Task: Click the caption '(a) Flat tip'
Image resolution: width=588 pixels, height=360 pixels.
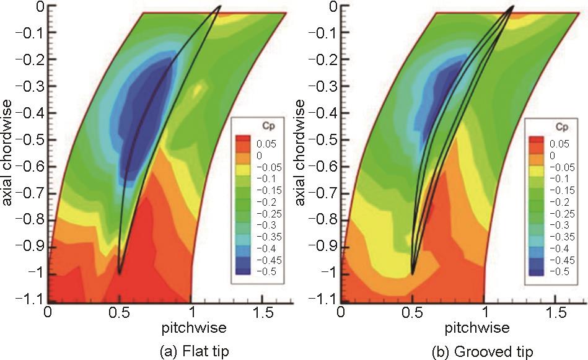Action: click(193, 351)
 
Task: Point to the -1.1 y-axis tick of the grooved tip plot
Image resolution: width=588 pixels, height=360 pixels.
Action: click(324, 301)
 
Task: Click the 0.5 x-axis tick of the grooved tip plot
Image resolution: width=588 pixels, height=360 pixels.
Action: click(412, 310)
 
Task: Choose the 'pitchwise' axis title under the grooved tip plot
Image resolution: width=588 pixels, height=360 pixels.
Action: click(485, 326)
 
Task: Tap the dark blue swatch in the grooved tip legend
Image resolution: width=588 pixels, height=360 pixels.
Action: click(534, 271)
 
